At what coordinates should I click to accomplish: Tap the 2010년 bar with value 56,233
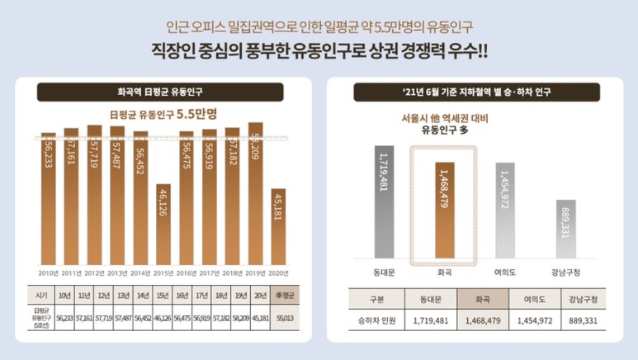coord(49,198)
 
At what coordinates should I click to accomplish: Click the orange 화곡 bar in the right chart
coord(445,210)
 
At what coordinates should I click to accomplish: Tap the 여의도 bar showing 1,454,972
coord(505,210)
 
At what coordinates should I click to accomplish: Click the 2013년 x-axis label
coord(117,272)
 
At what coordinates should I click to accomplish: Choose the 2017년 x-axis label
coord(210,272)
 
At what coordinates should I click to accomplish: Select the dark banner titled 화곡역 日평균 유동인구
coord(163,92)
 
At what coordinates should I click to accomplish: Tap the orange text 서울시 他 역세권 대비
coord(445,118)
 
